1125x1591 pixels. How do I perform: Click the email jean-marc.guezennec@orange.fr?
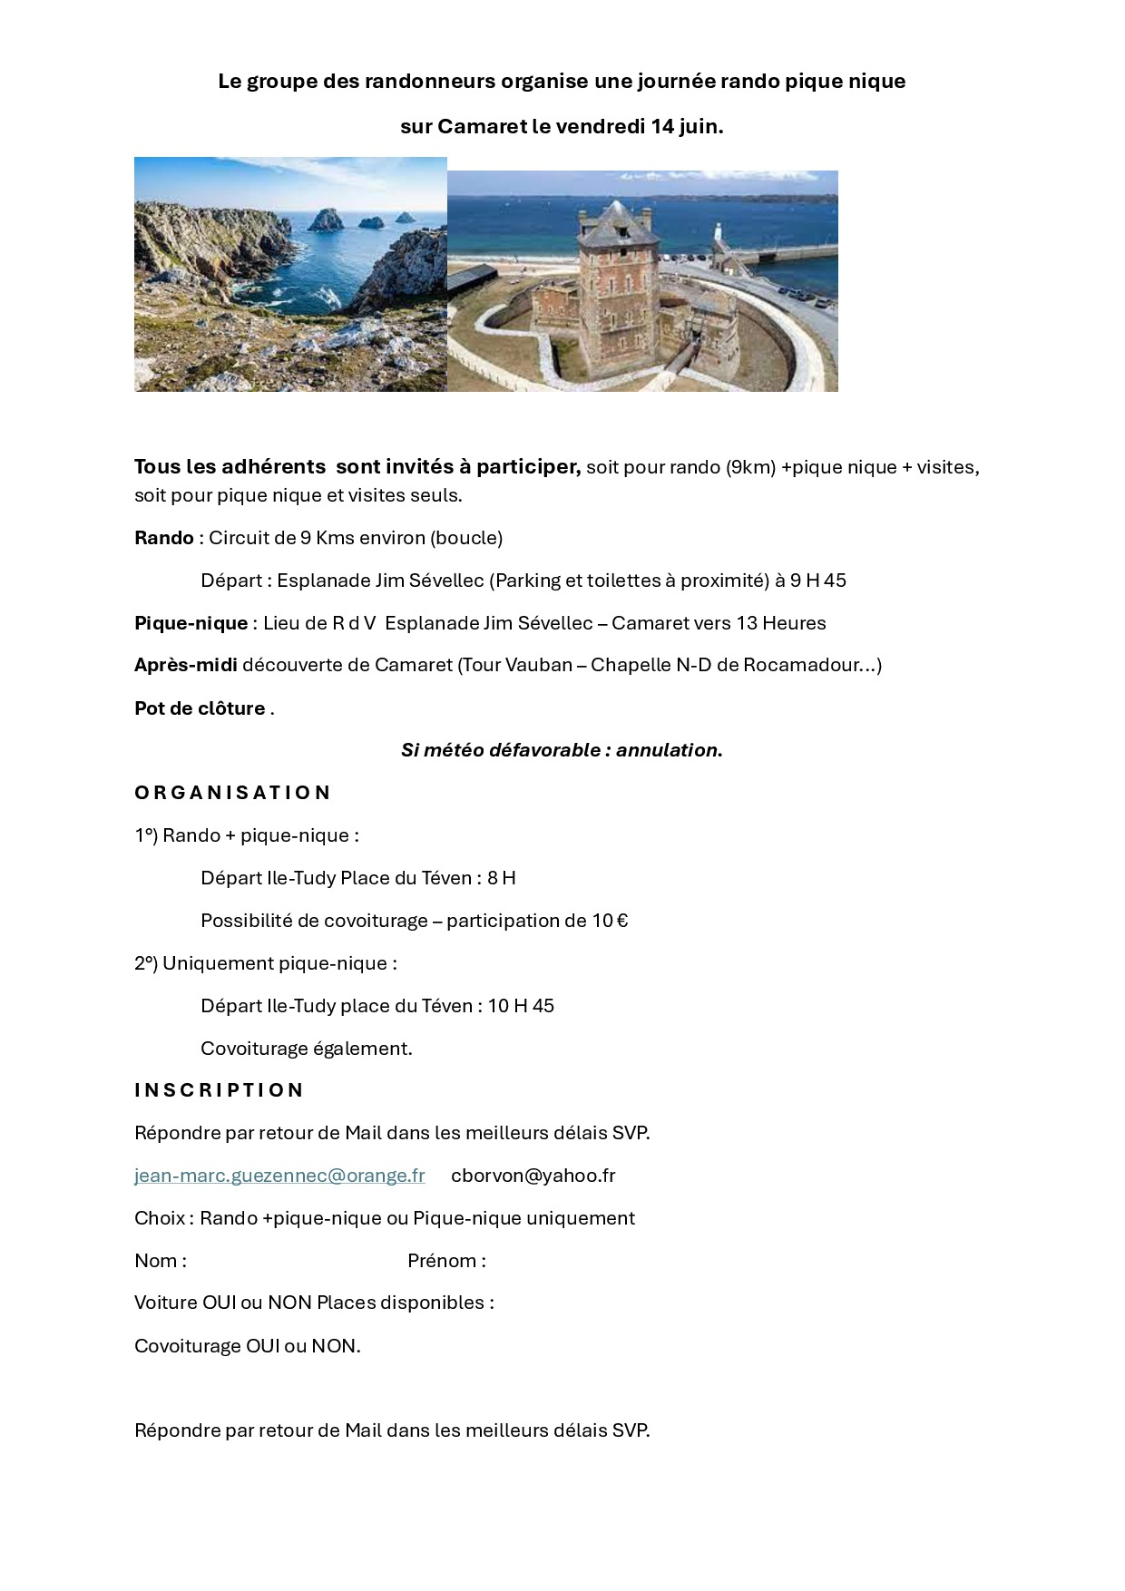[x=279, y=1176]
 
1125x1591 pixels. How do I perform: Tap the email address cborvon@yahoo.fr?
[x=533, y=1176]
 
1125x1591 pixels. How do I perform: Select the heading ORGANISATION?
[x=232, y=793]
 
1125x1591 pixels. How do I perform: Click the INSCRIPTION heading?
[x=219, y=1090]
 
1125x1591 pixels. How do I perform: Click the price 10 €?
[x=610, y=921]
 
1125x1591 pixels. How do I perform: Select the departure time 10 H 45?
[x=521, y=1006]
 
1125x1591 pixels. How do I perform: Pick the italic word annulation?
[x=667, y=750]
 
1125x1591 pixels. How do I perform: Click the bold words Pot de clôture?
[x=200, y=708]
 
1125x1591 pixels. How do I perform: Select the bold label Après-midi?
[x=186, y=665]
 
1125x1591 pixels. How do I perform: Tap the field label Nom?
[x=155, y=1261]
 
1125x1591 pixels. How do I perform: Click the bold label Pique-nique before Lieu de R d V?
[x=191, y=623]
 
